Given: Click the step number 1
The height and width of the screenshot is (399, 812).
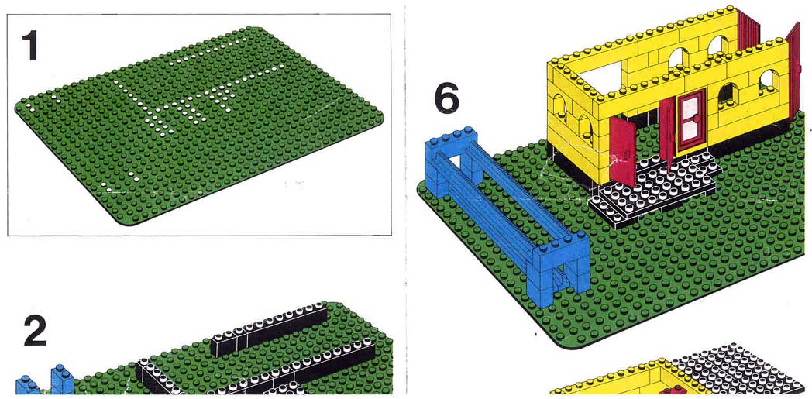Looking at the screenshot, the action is pos(29,46).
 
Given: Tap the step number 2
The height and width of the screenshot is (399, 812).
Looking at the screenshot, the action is pos(35,330).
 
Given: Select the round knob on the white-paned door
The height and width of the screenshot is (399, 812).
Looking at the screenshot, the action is pos(697,119).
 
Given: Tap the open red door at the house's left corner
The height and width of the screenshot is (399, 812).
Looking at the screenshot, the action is pos(623,151).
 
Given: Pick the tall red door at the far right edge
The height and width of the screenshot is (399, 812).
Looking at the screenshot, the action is pos(793,70).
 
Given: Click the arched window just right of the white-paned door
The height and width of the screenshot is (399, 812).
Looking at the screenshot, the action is pos(728,94).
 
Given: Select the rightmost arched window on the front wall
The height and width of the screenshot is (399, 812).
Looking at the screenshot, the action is pos(769,82).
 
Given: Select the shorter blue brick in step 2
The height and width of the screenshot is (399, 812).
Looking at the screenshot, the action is pos(27,386).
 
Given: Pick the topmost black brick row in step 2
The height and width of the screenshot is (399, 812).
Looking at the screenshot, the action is pos(270,329).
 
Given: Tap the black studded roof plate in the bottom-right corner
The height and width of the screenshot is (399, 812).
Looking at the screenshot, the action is pos(741,370).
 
